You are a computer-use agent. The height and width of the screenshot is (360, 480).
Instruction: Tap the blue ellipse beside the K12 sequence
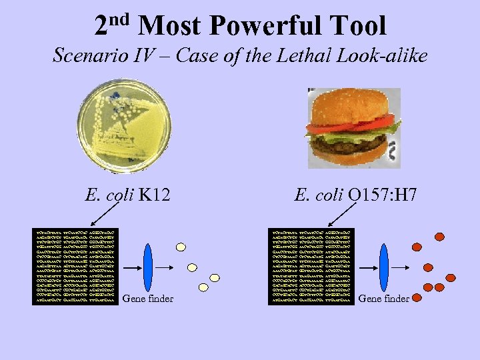[148, 266]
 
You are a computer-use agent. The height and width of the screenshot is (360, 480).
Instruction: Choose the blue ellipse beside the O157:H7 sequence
[383, 266]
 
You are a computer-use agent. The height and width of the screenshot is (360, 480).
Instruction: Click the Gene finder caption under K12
[148, 299]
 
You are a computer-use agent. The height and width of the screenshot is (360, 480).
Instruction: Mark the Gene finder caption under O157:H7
[384, 299]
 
